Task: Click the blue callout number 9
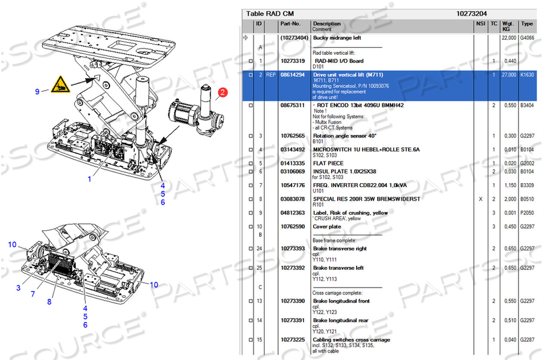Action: point(37,91)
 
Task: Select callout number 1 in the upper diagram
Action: point(89,179)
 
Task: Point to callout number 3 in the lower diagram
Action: point(18,288)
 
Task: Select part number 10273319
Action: point(293,61)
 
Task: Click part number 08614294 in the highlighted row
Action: point(293,75)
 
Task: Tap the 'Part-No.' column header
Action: point(290,24)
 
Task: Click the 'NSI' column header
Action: point(480,24)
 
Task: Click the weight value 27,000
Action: point(509,75)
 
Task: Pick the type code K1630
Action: point(527,75)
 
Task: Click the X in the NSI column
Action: point(480,199)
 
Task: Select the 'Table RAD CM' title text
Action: point(270,13)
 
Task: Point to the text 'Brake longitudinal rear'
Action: point(341,321)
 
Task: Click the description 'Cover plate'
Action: point(328,226)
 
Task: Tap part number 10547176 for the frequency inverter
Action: point(293,185)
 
